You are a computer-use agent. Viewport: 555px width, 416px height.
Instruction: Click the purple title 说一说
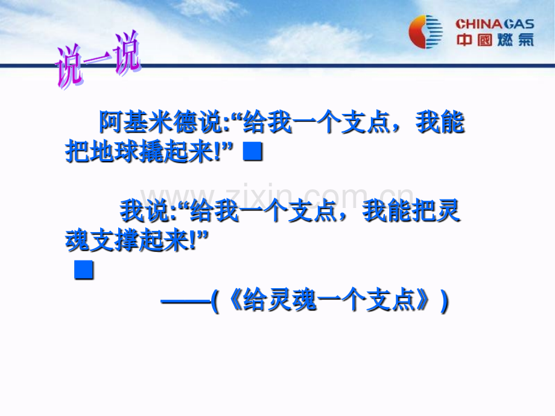98,60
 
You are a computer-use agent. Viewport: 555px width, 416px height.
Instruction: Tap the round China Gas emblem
425,32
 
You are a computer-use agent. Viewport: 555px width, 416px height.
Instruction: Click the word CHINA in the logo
479,24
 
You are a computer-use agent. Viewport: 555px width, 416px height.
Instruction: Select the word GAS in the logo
519,24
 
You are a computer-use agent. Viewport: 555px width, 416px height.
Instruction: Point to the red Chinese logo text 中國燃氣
495,40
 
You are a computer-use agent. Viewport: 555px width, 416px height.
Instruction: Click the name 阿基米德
148,122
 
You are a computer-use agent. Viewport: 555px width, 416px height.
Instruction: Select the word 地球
103,153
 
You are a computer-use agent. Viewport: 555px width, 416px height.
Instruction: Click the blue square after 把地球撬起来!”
253,151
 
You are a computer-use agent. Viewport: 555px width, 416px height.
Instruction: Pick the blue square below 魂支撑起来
84,270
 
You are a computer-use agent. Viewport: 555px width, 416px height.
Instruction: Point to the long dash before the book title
186,301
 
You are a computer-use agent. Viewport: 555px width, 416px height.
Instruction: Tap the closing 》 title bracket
423,300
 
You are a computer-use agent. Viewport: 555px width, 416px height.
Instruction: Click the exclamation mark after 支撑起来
193,241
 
